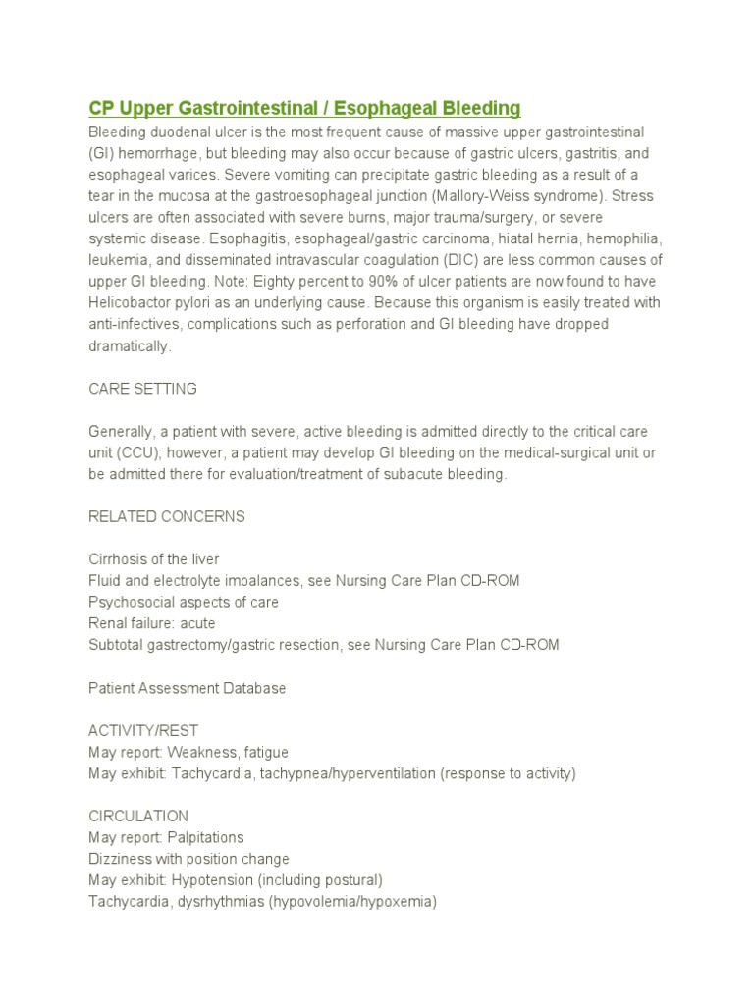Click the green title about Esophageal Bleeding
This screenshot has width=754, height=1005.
coord(304,108)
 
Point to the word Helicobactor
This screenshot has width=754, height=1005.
coord(132,302)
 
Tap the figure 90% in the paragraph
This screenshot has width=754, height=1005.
coord(330,281)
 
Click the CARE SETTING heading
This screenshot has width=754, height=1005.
coord(142,389)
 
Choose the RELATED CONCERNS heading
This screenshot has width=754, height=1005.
coord(167,516)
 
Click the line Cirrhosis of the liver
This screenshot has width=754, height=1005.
coord(154,559)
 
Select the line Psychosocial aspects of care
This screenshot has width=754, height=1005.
coord(184,602)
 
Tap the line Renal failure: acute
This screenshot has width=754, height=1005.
coord(151,623)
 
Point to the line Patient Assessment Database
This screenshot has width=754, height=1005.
coord(188,688)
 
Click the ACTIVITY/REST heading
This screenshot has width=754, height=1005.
coord(143,731)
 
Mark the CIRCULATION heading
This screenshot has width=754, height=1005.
coord(138,817)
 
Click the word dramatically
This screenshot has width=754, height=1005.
coord(130,346)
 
